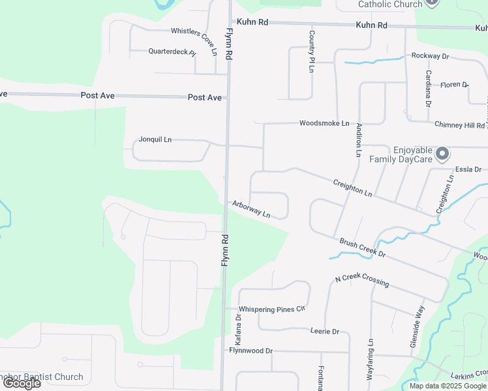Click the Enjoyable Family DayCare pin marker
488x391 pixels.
click(443, 154)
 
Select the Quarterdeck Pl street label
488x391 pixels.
click(172, 51)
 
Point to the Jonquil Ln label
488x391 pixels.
click(155, 139)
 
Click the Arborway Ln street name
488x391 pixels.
click(251, 209)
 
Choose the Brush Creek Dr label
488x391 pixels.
click(363, 248)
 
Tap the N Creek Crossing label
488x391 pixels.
click(362, 281)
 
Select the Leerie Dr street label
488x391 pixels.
click(325, 332)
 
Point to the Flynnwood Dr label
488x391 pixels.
click(251, 351)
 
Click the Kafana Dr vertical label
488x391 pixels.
click(239, 330)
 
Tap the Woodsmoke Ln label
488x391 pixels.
click(324, 123)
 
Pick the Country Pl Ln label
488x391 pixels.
click(313, 51)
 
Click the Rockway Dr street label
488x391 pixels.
click(430, 56)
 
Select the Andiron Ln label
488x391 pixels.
click(358, 141)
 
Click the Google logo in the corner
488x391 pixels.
click(22, 383)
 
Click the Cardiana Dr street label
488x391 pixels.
click(429, 88)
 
